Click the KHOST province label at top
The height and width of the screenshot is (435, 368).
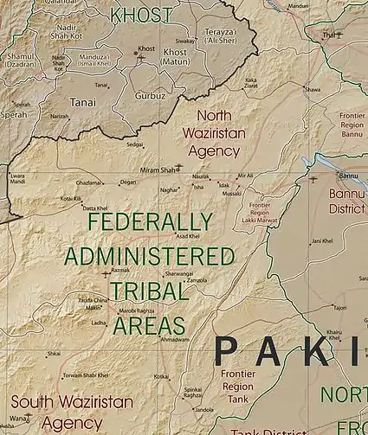coord(141,15)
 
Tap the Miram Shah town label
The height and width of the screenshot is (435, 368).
coord(157,170)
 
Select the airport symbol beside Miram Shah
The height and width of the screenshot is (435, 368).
coord(179,167)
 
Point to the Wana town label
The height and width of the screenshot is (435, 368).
coord(19,418)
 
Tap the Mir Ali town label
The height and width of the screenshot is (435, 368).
coord(245,175)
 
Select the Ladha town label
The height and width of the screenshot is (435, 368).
coord(99,323)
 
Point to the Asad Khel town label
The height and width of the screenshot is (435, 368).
coord(188,236)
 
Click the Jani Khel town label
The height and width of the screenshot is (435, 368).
coord(322,241)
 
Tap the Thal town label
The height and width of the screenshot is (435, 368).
coord(329,35)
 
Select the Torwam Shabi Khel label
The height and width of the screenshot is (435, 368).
coord(85,375)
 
